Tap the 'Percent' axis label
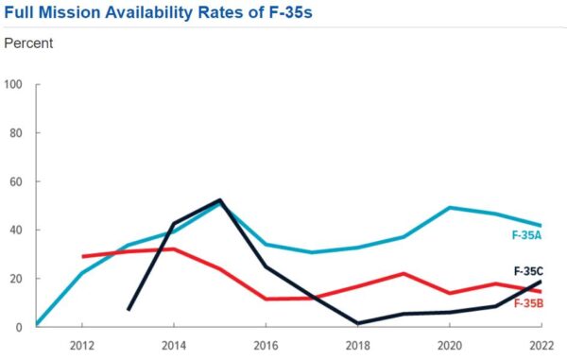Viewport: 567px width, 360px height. click(28, 43)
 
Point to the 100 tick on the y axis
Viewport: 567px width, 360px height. click(13, 84)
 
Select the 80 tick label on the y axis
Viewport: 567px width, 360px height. click(16, 132)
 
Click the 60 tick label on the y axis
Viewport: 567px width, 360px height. click(16, 181)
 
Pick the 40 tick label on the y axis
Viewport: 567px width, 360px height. click(16, 230)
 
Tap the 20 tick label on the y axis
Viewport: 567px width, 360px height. click(16, 279)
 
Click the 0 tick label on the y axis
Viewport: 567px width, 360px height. click(19, 327)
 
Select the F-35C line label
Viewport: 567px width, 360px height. click(528, 271)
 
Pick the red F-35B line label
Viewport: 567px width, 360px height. click(528, 302)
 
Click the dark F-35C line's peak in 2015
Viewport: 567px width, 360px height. click(220, 200)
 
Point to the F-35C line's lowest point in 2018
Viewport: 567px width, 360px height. click(358, 323)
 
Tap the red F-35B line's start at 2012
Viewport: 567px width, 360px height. click(83, 256)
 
